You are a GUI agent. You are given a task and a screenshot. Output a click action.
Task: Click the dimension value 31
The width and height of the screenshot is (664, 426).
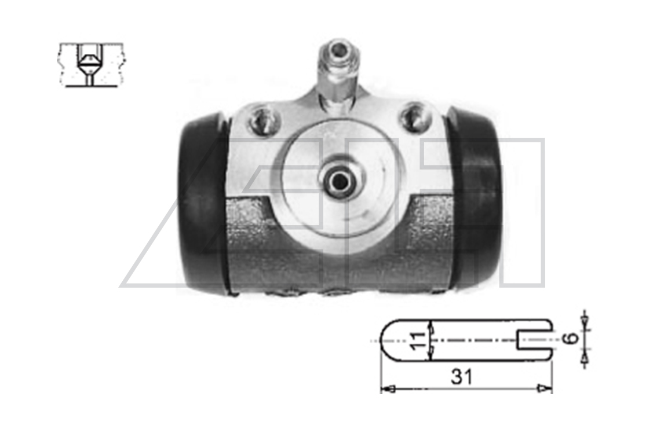(462, 377)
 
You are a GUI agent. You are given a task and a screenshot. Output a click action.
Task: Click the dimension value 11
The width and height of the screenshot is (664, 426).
(418, 340)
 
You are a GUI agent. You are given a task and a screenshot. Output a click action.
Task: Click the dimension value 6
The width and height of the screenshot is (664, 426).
(572, 338)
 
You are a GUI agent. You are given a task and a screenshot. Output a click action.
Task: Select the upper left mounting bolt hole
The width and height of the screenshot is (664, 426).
(264, 120)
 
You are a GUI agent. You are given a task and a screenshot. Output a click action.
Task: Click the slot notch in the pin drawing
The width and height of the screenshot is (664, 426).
(534, 340)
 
